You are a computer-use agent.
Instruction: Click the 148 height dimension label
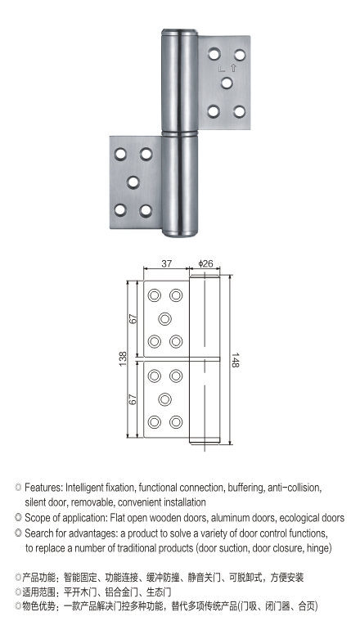point(235,360)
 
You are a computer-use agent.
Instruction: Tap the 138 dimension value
point(123,359)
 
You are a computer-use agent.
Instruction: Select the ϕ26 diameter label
point(205,263)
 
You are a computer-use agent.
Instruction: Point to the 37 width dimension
point(167,263)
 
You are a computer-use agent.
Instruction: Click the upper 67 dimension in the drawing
point(133,318)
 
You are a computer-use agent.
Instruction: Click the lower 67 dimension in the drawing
point(133,399)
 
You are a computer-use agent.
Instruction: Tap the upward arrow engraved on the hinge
point(233,68)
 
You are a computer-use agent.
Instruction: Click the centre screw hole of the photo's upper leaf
point(227,83)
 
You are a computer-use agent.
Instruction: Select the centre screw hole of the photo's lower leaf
point(133,182)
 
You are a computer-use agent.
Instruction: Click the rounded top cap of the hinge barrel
point(180,32)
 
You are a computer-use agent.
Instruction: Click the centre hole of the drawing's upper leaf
point(164,318)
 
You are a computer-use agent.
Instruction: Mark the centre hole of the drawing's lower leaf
point(164,399)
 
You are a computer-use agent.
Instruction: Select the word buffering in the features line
point(245,488)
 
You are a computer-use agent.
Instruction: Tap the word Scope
point(38,517)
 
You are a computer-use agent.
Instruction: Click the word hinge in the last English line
point(319,548)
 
